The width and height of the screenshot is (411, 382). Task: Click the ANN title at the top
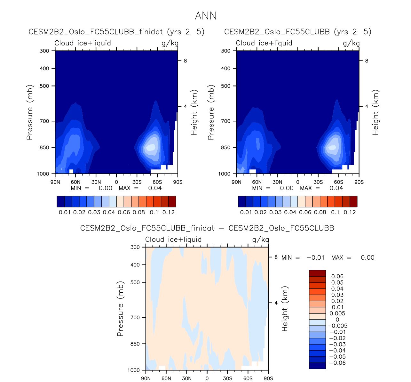pyautogui.click(x=206, y=16)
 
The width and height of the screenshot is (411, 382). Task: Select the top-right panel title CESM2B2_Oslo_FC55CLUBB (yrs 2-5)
pyautogui.click(x=297, y=32)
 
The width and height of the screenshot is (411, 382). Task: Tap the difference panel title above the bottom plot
pyautogui.click(x=207, y=228)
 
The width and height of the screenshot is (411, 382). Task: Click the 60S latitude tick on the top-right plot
pyautogui.click(x=338, y=182)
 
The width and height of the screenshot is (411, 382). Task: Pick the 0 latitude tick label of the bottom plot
pyautogui.click(x=207, y=378)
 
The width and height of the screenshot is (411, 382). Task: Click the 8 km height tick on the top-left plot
pyautogui.click(x=185, y=61)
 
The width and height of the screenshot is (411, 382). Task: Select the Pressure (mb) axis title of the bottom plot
pyautogui.click(x=120, y=309)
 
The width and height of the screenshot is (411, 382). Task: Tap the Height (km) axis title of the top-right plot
pyautogui.click(x=375, y=112)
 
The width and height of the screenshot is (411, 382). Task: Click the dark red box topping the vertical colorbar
pyautogui.click(x=317, y=273)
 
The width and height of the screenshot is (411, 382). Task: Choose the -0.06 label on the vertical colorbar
pyautogui.click(x=337, y=363)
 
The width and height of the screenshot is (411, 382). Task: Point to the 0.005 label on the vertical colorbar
pyautogui.click(x=338, y=313)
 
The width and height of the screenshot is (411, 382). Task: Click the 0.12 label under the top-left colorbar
pyautogui.click(x=169, y=212)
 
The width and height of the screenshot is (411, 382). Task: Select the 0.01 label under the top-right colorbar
pyautogui.click(x=246, y=212)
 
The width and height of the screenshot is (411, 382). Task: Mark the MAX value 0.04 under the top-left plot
pyautogui.click(x=155, y=188)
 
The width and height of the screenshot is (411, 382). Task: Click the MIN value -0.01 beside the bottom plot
pyautogui.click(x=315, y=257)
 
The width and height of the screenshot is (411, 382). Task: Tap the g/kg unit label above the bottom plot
pyautogui.click(x=260, y=240)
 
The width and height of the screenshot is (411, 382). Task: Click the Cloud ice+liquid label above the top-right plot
pyautogui.click(x=264, y=43)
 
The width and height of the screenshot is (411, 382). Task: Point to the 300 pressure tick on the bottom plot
pyautogui.click(x=136, y=247)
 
